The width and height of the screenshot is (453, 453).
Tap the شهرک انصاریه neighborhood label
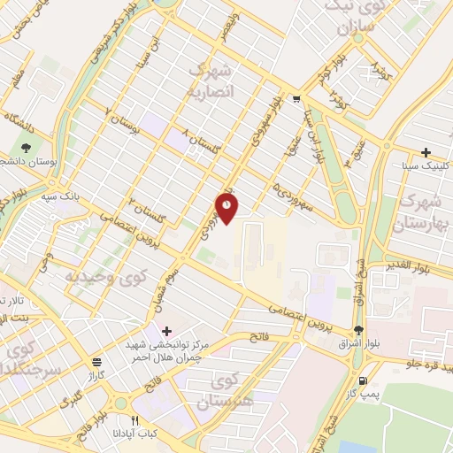(212, 81)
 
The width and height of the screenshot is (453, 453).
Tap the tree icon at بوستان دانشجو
(27, 148)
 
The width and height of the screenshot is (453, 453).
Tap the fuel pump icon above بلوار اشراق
(357, 330)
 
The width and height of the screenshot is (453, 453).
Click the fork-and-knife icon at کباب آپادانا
(135, 421)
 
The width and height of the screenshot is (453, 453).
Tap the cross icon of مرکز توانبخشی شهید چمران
(167, 329)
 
